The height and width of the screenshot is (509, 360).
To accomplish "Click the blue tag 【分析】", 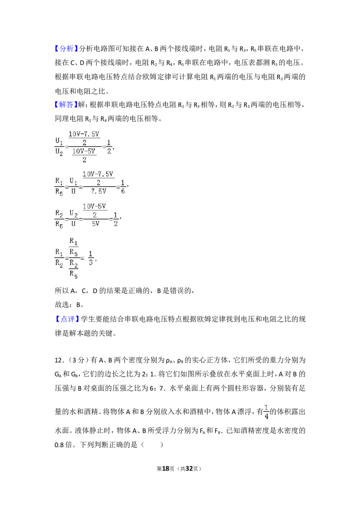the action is click(67, 49).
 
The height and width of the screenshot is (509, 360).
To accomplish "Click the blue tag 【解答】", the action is click(67, 104).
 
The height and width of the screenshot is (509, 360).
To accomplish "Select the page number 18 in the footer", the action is click(166, 469).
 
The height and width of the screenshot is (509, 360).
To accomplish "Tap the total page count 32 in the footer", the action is click(189, 469).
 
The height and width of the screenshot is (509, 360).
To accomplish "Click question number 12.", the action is click(59, 360).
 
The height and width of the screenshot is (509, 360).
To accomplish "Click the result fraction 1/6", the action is click(123, 187).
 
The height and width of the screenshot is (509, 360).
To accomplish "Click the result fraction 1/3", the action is click(90, 258).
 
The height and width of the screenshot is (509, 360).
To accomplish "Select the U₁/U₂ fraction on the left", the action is click(59, 147).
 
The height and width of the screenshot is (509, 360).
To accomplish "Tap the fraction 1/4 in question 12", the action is click(266, 411).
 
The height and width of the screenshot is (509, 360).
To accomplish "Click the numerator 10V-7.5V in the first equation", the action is click(84, 134).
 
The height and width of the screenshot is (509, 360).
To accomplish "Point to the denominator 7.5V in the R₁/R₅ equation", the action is click(99, 191).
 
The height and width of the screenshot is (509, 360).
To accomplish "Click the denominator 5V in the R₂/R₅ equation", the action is click(95, 223).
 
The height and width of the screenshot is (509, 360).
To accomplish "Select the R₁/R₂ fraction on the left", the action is click(59, 258).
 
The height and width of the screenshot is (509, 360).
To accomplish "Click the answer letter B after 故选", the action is click(78, 305).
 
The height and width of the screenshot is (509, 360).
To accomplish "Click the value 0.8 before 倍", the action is click(59, 445).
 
